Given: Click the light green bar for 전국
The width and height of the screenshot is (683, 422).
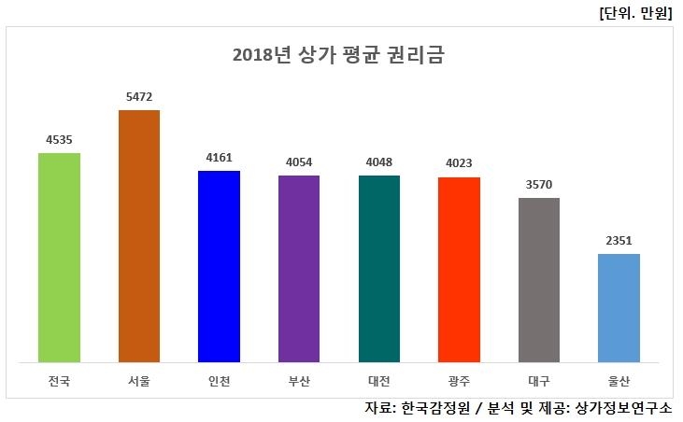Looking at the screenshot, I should (x=59, y=257).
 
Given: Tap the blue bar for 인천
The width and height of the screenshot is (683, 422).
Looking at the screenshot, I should (x=219, y=266).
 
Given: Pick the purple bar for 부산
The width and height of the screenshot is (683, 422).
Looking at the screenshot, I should (x=299, y=268).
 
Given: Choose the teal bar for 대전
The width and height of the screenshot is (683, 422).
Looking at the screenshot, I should (x=379, y=268).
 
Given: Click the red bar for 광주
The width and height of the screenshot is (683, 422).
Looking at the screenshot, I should (x=459, y=269).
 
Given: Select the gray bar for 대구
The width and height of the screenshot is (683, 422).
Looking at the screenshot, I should (x=539, y=279).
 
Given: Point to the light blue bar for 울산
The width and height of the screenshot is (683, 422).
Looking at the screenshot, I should (x=619, y=307).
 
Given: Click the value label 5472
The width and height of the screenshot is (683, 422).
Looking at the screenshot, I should (x=139, y=96).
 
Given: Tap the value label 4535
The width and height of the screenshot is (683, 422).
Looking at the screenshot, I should (x=59, y=139).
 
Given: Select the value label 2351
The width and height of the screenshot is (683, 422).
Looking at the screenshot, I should (x=619, y=240).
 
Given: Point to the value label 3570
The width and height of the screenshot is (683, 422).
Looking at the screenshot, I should (x=539, y=184).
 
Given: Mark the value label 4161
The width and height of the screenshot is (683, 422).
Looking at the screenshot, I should (x=219, y=157).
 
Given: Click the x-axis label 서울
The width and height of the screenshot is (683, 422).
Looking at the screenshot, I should (x=139, y=380).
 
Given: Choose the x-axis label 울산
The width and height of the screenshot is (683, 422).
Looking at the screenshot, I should (x=619, y=380).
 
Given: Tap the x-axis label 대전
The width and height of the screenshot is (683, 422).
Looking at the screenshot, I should (x=379, y=380).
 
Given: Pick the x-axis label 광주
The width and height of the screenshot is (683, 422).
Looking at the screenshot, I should (x=459, y=380).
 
